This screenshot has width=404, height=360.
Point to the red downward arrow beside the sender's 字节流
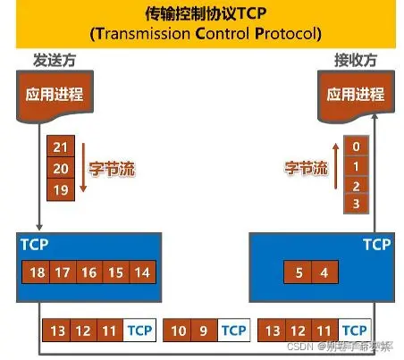pyautogui.click(x=82, y=167)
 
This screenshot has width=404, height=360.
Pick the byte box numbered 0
pyautogui.click(x=356, y=147)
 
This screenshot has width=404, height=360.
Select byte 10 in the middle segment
pyautogui.click(x=180, y=331)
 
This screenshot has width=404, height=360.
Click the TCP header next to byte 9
pyautogui.click(x=233, y=331)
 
